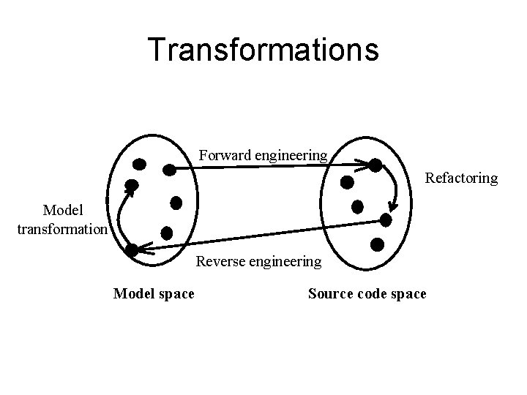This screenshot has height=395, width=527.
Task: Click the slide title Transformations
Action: (x=263, y=50)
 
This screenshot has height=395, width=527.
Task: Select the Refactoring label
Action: (x=461, y=178)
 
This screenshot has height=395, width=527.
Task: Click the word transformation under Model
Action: (x=62, y=228)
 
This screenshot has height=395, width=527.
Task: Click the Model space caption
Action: (x=154, y=294)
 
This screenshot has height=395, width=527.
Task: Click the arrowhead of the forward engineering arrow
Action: (x=364, y=164)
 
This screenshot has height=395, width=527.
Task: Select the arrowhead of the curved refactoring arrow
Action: (x=393, y=207)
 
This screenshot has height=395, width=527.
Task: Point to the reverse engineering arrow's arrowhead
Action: (x=141, y=249)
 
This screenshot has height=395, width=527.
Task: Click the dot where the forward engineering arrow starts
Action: (x=168, y=170)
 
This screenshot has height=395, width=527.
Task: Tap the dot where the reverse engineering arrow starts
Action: (x=386, y=219)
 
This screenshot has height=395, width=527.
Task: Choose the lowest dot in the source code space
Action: (x=378, y=245)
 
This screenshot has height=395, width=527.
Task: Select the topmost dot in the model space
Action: (x=138, y=163)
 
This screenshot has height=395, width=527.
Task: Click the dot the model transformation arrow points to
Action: (x=132, y=185)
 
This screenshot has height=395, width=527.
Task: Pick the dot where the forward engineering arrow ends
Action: (x=375, y=165)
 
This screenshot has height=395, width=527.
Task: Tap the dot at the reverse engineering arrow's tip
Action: (x=131, y=249)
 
